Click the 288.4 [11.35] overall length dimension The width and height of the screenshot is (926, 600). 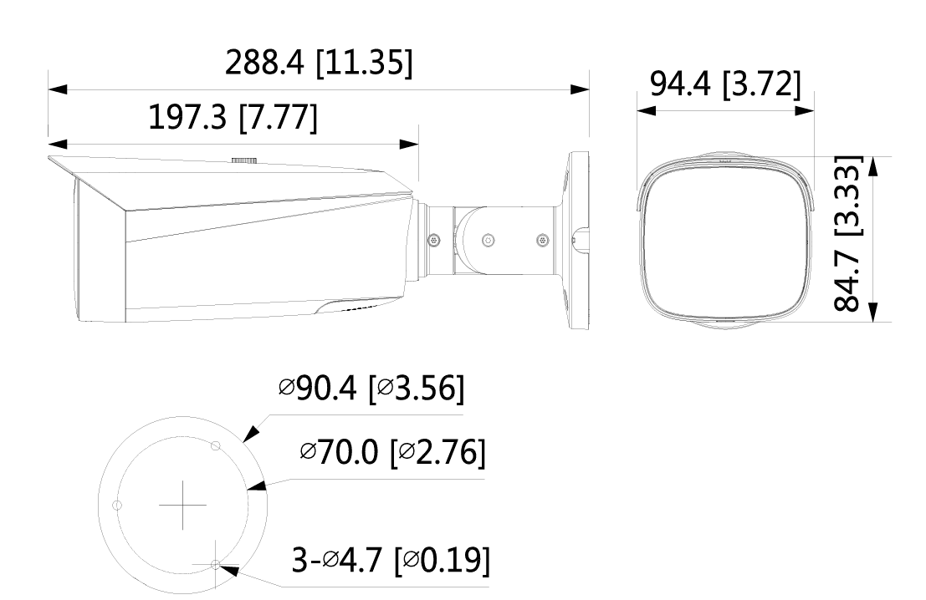click(x=318, y=62)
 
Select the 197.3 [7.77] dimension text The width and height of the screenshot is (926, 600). click(x=233, y=119)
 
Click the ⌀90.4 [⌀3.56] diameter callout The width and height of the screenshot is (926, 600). click(x=371, y=390)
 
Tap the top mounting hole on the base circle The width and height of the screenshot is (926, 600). click(x=216, y=445)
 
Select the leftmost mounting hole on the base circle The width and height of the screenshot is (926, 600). click(x=116, y=506)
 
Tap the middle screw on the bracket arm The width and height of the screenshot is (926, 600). click(x=488, y=240)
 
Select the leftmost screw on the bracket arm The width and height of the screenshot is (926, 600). click(x=432, y=240)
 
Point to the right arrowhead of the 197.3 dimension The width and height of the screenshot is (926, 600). click(x=409, y=145)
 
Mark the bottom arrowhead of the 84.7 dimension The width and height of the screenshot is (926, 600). click(x=874, y=312)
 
